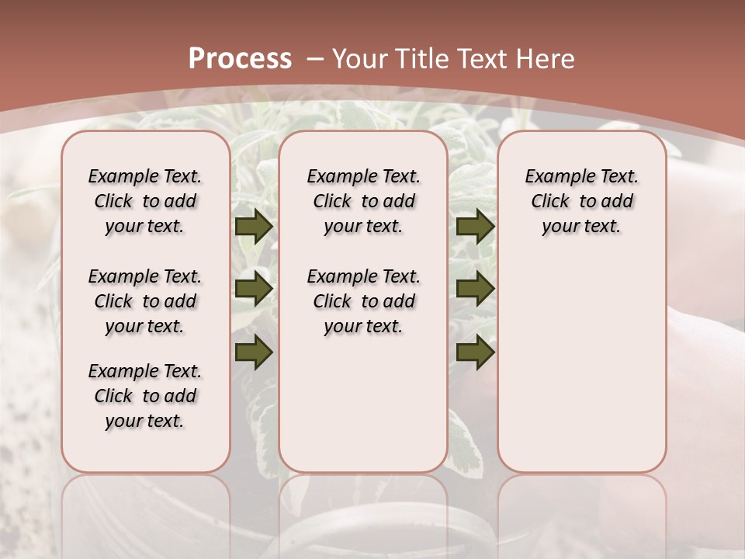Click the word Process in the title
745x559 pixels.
[x=240, y=59]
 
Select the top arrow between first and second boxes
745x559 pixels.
[x=254, y=226]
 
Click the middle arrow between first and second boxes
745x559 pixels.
[x=254, y=289]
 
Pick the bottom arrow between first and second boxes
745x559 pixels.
[x=254, y=352]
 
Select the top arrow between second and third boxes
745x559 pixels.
[x=475, y=226]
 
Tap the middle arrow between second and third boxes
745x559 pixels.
[x=475, y=289]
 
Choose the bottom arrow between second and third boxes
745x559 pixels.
[x=475, y=352]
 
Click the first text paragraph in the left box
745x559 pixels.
[x=145, y=201]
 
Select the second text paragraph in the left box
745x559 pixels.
[x=145, y=301]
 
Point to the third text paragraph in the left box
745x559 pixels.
[x=145, y=396]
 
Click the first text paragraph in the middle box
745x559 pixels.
[x=363, y=201]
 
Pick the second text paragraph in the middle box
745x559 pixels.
[x=363, y=301]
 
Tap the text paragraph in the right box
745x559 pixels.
[x=581, y=201]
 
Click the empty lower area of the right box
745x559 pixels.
[x=581, y=365]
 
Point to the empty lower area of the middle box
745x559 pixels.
[x=363, y=404]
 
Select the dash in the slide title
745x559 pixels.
[x=315, y=59]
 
